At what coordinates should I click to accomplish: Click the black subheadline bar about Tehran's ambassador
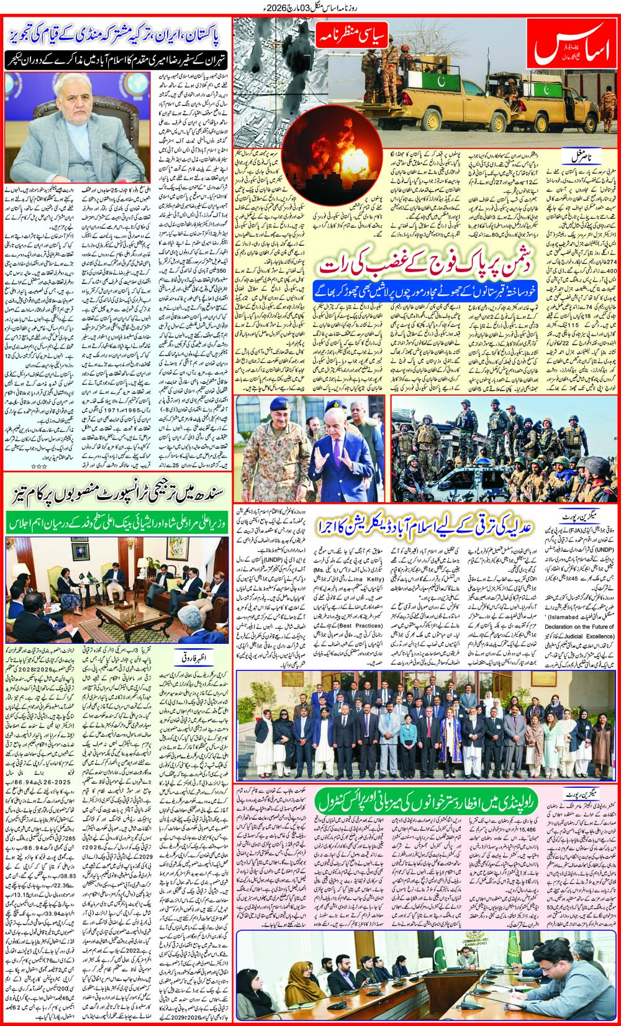click(116, 60)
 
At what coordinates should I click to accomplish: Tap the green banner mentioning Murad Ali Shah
click(116, 522)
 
